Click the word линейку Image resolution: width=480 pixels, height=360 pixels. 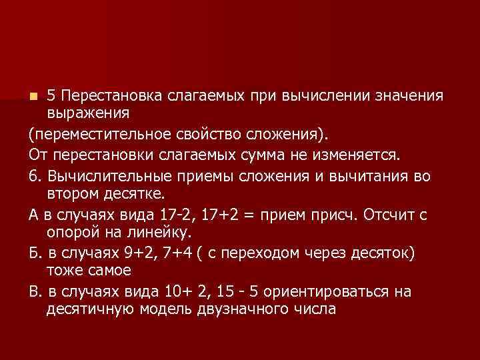click(x=159, y=233)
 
